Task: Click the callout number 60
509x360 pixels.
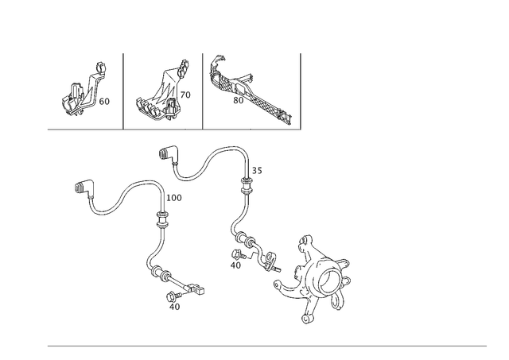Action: point(104,102)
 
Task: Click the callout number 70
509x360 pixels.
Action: point(185,95)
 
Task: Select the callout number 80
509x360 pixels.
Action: point(239,101)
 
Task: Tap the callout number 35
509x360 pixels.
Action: point(257,171)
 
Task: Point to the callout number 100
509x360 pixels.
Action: point(174,198)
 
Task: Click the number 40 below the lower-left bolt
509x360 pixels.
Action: point(175,307)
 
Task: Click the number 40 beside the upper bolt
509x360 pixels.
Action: point(235,265)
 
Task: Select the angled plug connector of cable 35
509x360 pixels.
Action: point(168,154)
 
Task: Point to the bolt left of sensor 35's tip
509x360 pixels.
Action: point(236,254)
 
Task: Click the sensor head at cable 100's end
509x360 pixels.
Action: point(196,288)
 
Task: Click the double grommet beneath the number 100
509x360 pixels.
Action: point(162,219)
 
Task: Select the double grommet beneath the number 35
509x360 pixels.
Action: point(247,185)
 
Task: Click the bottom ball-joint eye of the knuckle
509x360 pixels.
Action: point(306,319)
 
